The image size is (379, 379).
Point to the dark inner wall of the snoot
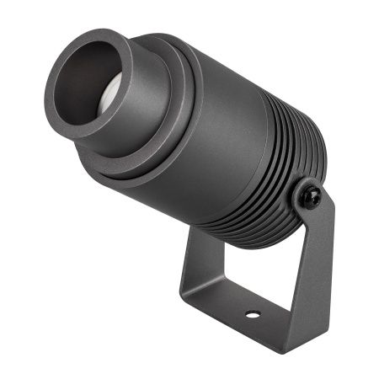[x=84, y=80]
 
